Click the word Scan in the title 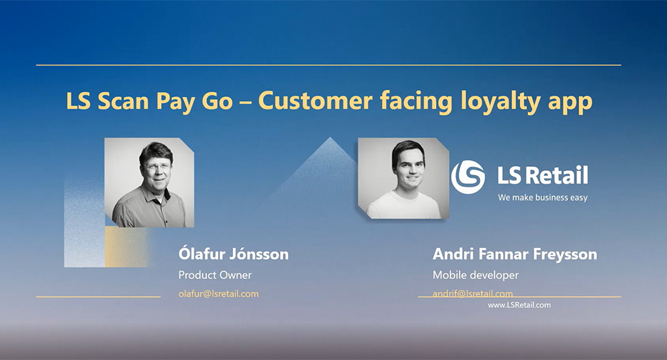coord(123,101)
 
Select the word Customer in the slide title coord(316,101)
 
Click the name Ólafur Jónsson coord(234,253)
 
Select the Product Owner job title coord(214,275)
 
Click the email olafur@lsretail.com coord(218,294)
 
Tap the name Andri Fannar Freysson coord(515,254)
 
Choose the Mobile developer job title coord(475,276)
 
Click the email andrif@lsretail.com coord(473,294)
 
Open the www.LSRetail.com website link coord(519,305)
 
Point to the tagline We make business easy coord(542,197)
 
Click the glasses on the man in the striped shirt coord(157,167)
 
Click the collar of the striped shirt coord(156,195)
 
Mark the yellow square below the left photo coord(126,246)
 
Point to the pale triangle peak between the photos coord(329,138)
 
